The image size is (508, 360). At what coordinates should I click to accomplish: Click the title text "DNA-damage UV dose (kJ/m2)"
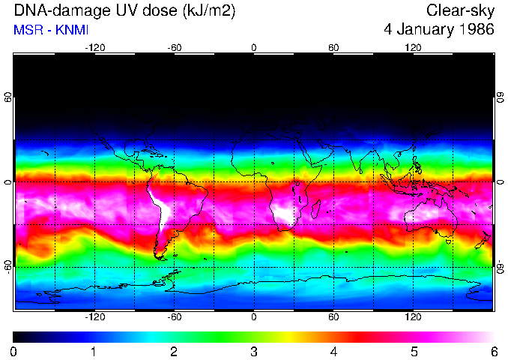[113, 11]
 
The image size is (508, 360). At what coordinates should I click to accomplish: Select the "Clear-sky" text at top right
[460, 11]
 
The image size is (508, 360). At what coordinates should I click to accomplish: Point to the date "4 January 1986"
[438, 30]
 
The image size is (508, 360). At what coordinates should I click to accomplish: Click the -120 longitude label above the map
[94, 47]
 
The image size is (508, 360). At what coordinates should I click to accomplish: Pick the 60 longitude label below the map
[333, 316]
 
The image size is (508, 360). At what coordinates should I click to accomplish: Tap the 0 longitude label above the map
[254, 47]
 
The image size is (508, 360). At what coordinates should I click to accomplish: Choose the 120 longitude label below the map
[413, 316]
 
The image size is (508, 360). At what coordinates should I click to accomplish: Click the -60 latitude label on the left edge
[8, 267]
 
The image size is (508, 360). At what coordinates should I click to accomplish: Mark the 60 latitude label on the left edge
[8, 97]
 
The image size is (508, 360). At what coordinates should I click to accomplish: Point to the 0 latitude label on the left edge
[8, 182]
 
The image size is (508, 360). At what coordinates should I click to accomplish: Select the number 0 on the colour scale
[14, 351]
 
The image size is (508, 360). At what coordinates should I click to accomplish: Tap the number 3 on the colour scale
[254, 351]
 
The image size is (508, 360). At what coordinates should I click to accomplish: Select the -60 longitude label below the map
[174, 316]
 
